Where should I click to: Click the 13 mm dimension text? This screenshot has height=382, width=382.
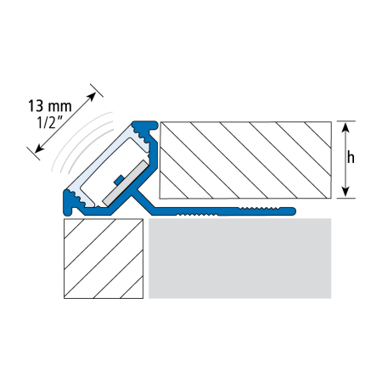tap(50, 106)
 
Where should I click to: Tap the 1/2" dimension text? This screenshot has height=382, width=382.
tap(50, 123)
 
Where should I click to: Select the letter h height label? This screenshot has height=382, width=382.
tap(351, 157)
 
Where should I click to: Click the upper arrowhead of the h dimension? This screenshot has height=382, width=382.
tap(345, 127)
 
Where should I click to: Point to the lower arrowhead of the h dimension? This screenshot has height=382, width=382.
tap(345, 192)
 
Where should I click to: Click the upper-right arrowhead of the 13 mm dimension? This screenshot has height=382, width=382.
tap(92, 97)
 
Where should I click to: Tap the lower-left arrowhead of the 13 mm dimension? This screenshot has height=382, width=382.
tap(39, 149)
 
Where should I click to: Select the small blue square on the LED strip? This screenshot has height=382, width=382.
tap(118, 180)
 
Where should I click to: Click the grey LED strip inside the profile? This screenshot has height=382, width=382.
tap(126, 183)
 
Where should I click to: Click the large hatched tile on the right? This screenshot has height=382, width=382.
tap(245, 160)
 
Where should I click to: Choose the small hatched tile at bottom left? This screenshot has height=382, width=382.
tap(104, 259)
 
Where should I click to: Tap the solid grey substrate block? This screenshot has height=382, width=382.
tap(240, 258)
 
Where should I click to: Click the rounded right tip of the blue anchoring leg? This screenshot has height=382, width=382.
tap(294, 211)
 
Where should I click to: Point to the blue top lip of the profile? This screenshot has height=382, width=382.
tap(146, 125)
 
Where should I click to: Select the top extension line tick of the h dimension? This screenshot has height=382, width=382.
tap(345, 121)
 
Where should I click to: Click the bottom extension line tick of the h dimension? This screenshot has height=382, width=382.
tap(345, 198)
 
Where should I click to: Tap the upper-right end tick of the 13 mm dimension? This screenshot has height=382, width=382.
tap(97, 90)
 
